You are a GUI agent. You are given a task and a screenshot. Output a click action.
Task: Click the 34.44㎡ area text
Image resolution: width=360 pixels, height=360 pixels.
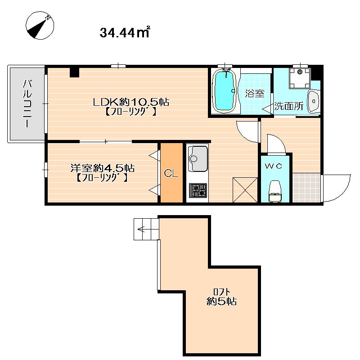coord(125,32)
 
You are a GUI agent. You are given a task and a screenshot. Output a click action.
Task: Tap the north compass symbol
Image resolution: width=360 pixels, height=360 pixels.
coord(40,25)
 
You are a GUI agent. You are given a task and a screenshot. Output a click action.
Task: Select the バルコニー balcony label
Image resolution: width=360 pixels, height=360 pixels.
coord(27,103)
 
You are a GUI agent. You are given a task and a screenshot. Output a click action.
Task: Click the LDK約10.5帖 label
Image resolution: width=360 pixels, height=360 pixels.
coord(131,102)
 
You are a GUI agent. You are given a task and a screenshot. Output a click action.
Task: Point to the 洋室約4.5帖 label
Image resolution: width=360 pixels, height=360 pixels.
coord(103,168)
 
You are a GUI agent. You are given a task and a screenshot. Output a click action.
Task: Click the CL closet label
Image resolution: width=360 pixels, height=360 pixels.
coord(171,173)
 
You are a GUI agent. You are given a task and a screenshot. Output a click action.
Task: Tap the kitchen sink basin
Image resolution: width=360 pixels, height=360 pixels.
coord(198,159)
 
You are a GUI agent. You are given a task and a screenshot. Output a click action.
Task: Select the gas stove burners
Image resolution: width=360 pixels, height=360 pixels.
coord(198,190)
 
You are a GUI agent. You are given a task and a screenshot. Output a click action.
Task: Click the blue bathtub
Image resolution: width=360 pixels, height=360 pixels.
coord(224,91)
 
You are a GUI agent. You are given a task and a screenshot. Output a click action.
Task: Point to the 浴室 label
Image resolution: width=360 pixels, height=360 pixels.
coord(255,94)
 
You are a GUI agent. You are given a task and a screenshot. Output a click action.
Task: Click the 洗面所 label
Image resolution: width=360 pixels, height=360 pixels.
coord(289,106)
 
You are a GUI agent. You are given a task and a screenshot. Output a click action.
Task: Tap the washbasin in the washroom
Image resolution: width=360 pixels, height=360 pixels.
coord(313,101)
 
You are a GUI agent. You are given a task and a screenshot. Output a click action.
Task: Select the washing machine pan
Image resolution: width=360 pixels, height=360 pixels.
coord(300,78)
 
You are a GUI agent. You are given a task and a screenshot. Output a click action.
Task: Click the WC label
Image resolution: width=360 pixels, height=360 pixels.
coord(274,166)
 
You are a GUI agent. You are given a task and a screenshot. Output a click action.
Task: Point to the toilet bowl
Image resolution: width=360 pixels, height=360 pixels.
coord(275,191)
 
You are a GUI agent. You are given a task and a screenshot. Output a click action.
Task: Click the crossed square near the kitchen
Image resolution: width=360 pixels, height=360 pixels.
coord(245,190)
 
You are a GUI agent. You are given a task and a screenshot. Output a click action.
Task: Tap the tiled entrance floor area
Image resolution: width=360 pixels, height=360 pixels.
coord(306,188)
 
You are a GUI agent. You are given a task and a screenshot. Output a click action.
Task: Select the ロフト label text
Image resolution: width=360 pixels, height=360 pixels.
coord(221,292)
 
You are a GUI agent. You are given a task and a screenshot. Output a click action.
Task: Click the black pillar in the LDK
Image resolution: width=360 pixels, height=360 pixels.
coord(74,72)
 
